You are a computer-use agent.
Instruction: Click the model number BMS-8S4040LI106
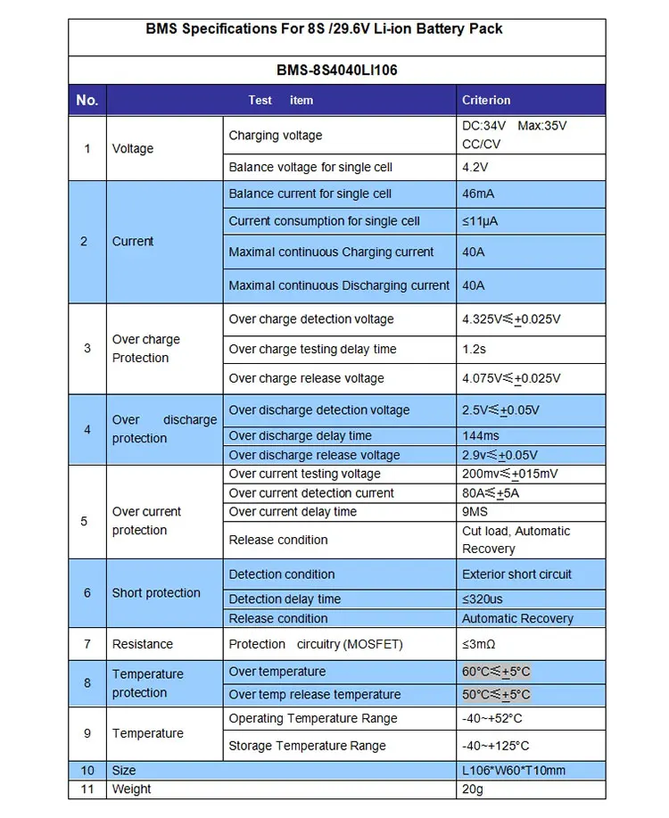point(336,70)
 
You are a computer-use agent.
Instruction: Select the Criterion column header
point(486,100)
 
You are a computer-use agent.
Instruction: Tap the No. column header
point(87,100)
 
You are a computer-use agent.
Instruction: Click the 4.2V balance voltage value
point(475,167)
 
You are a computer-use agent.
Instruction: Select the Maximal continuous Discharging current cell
point(339,285)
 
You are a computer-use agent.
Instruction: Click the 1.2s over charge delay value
point(475,349)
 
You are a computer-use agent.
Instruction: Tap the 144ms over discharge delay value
point(481,435)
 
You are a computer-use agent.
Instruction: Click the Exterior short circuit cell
point(516,574)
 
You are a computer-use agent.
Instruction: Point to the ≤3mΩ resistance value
point(481,644)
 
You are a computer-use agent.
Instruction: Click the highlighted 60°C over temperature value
point(496,672)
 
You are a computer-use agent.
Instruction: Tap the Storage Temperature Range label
point(307,746)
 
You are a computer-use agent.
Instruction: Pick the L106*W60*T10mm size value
point(514,771)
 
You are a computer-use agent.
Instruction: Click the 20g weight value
point(473,789)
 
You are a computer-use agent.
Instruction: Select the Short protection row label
point(156,593)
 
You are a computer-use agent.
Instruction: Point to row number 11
point(87,789)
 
